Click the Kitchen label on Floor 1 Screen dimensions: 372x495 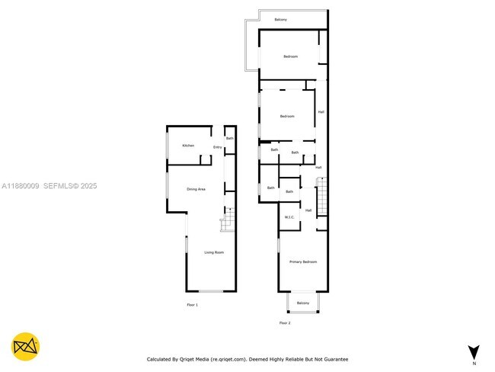(188, 146)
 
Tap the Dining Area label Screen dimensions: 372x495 (196, 189)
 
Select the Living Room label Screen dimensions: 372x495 (213, 252)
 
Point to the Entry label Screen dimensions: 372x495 (217, 147)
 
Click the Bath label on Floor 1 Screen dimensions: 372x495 (229, 139)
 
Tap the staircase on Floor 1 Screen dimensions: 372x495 (226, 220)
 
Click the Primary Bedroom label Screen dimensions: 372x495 (302, 261)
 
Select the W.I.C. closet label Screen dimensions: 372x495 (289, 217)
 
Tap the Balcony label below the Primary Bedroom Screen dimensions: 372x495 (303, 303)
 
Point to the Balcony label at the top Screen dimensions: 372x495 (281, 19)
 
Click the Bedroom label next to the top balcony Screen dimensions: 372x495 (290, 57)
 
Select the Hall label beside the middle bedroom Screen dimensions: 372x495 (321, 112)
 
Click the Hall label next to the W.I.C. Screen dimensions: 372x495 (308, 210)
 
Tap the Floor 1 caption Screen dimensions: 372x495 (192, 305)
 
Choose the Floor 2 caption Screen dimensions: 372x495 (285, 323)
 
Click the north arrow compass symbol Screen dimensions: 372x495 (474, 351)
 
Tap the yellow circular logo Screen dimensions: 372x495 (27, 347)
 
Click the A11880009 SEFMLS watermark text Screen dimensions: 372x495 (49, 185)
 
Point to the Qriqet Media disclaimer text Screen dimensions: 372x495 (247, 358)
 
